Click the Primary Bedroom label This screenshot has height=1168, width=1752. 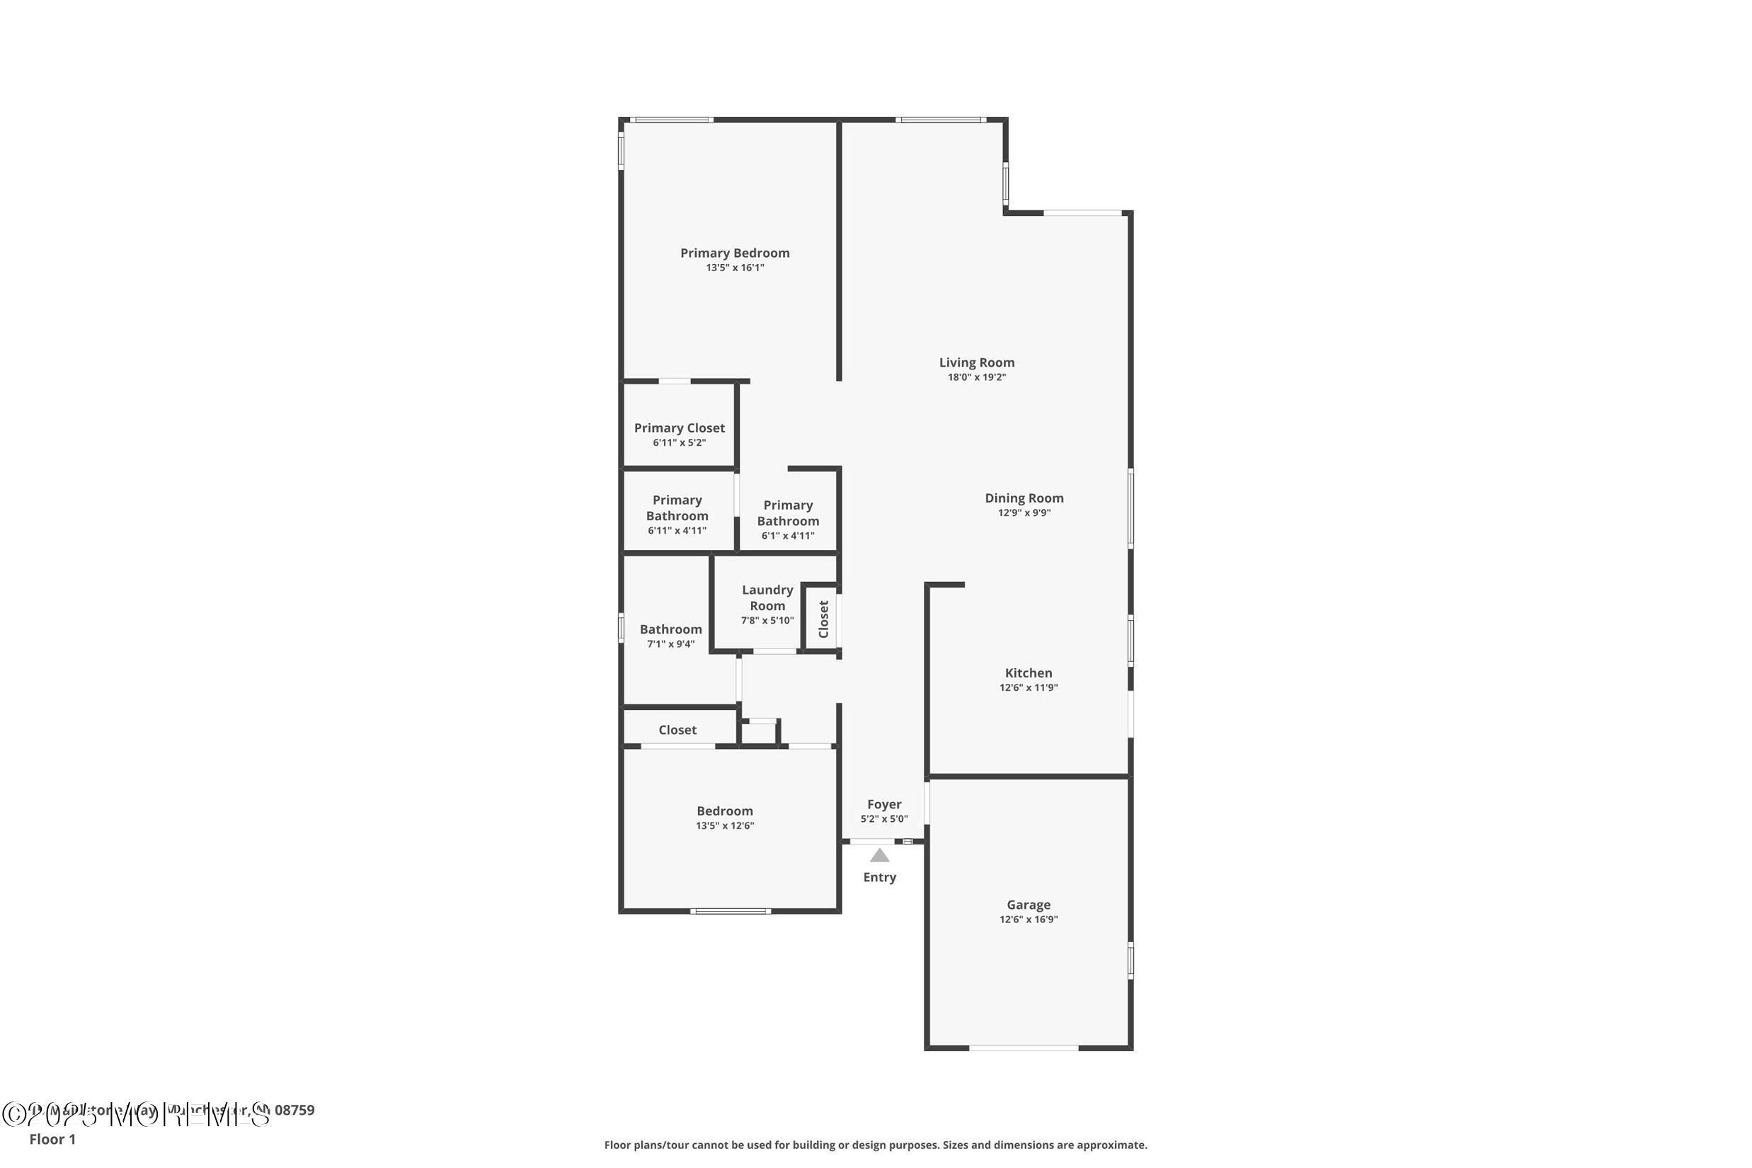735,253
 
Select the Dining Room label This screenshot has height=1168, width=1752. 1024,498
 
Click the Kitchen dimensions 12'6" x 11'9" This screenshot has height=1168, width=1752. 1028,687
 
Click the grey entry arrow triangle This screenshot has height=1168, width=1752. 880,856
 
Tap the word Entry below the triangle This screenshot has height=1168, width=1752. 879,878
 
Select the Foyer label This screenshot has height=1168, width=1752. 884,804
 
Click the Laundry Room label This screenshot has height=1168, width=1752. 767,597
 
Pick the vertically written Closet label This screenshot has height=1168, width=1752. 823,619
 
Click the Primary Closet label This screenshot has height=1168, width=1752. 679,428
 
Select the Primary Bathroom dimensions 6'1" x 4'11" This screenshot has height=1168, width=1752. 787,537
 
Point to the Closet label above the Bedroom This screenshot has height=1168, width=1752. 677,730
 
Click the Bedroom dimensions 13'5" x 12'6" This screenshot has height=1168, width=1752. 725,825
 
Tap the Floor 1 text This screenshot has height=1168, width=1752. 52,1139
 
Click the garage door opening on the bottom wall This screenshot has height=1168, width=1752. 1024,1048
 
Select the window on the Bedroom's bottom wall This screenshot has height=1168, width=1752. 730,911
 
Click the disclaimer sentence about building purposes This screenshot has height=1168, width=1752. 875,1145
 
